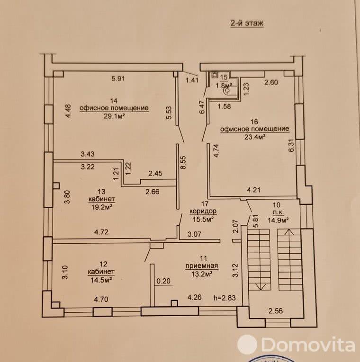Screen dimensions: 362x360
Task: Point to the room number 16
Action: (x=253, y=121)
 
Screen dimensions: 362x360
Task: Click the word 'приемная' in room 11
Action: (x=198, y=265)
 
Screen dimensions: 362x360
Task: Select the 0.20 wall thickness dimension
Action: (x=163, y=281)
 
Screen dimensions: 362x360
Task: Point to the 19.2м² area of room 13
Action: (x=101, y=206)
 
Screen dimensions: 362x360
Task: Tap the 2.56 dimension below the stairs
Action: (x=278, y=311)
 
